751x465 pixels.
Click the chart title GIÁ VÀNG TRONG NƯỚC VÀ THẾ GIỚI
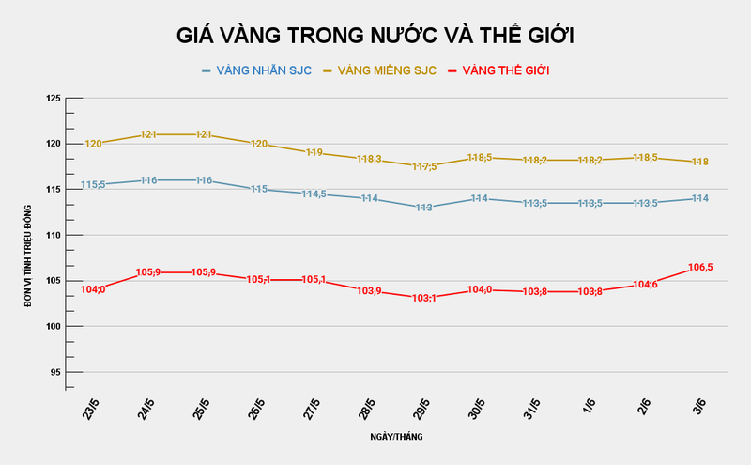tap(375, 36)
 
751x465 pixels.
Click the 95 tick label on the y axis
tap(54, 372)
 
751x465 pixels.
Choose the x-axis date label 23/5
tap(92, 409)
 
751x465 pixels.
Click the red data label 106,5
tap(700, 268)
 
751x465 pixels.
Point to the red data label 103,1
tap(424, 298)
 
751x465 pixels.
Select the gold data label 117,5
tap(424, 166)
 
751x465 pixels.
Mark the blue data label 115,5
tap(93, 185)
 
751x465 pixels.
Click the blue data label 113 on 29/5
tap(424, 208)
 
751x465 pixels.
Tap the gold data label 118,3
tap(369, 160)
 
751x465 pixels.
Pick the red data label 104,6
tap(645, 285)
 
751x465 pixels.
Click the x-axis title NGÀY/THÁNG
tap(396, 437)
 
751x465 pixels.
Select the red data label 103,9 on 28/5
tap(369, 291)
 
